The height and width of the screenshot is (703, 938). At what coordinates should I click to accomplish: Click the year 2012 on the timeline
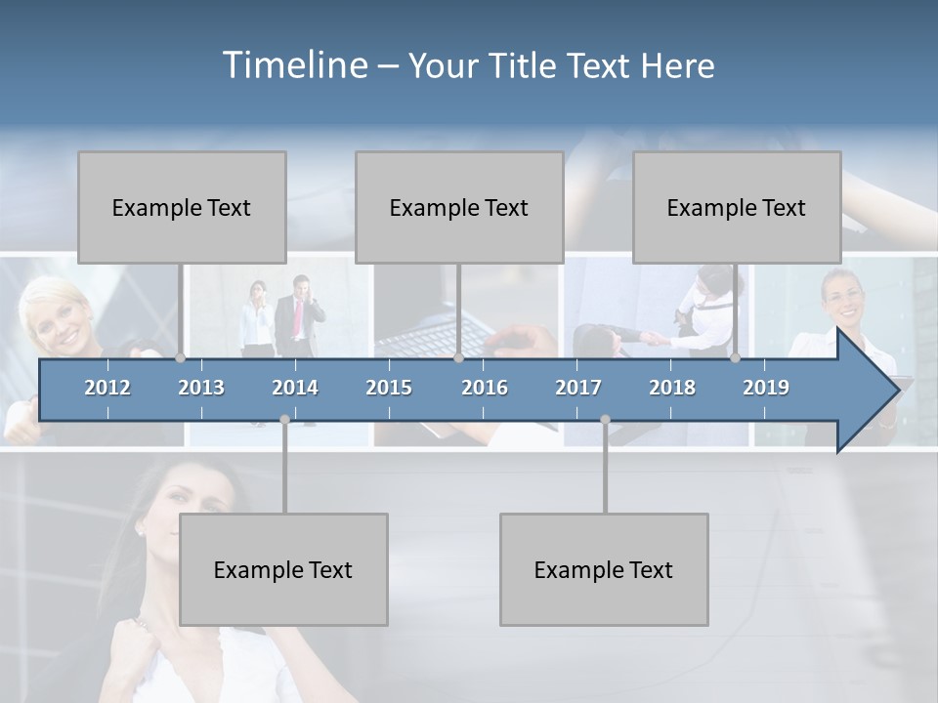pos(107,388)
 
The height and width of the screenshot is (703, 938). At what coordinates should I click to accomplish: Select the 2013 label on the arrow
pos(201,388)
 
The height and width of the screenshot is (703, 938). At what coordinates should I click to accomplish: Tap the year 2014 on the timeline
pos(295,388)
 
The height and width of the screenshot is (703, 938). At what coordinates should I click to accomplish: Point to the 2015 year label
pos(389,388)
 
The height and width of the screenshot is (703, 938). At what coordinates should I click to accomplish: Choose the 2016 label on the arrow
pos(485,388)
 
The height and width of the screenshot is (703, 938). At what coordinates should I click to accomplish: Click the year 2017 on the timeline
pos(578,388)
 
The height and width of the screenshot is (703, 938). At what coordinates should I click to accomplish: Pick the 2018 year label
pos(672,388)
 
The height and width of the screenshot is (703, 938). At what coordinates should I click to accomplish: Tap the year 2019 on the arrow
pos(766,388)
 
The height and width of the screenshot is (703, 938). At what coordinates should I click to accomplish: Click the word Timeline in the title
pos(294,64)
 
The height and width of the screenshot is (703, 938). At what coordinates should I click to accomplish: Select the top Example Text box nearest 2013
pos(182,207)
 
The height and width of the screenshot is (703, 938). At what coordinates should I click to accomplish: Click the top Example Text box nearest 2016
pos(459,207)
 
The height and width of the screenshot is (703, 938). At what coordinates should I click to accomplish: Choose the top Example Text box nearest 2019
pos(737,207)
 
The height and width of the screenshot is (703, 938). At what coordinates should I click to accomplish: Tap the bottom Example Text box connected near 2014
pos(283,569)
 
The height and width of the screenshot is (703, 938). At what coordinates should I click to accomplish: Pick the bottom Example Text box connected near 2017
pos(604,569)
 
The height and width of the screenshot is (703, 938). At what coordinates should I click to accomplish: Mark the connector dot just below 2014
pos(284,419)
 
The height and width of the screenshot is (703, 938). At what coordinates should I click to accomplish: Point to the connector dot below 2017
pos(605,419)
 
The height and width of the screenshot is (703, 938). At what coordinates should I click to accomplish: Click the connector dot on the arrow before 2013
pos(181,357)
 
